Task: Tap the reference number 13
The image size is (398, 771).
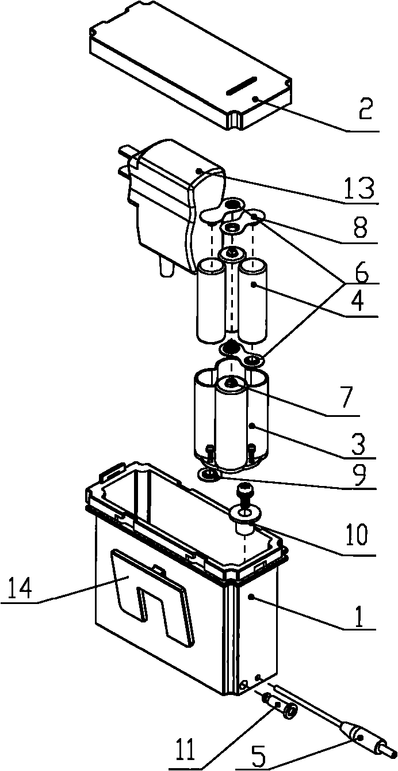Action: click(x=359, y=188)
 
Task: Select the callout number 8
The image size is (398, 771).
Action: click(x=360, y=226)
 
